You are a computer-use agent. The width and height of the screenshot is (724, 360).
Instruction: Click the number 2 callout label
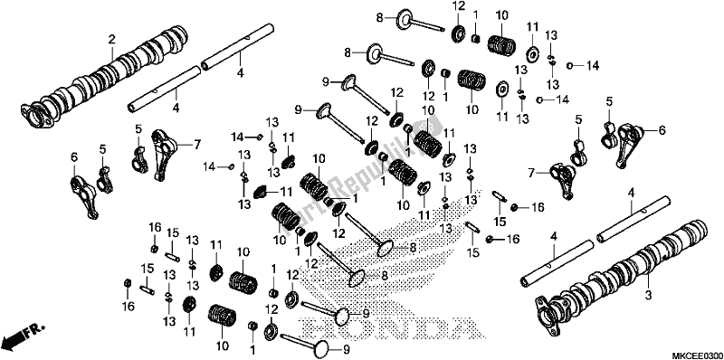[111, 39]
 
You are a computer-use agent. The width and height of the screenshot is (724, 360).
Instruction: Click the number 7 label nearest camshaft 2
[196, 144]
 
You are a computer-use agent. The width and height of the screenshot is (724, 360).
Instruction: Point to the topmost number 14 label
[592, 66]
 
